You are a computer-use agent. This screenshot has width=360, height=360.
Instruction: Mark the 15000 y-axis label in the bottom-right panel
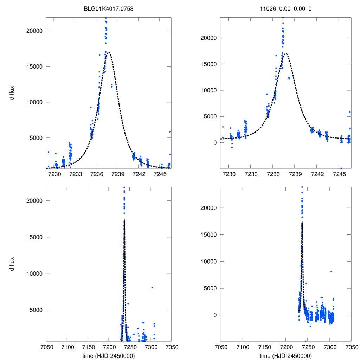tap(207, 234)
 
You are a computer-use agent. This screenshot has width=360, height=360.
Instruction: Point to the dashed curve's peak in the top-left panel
tap(109, 52)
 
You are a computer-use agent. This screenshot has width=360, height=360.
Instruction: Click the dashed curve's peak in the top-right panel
tap(285, 54)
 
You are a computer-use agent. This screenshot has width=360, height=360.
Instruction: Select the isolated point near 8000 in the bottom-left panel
tap(152, 287)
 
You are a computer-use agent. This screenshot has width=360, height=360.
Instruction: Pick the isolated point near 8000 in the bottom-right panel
tap(331, 271)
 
